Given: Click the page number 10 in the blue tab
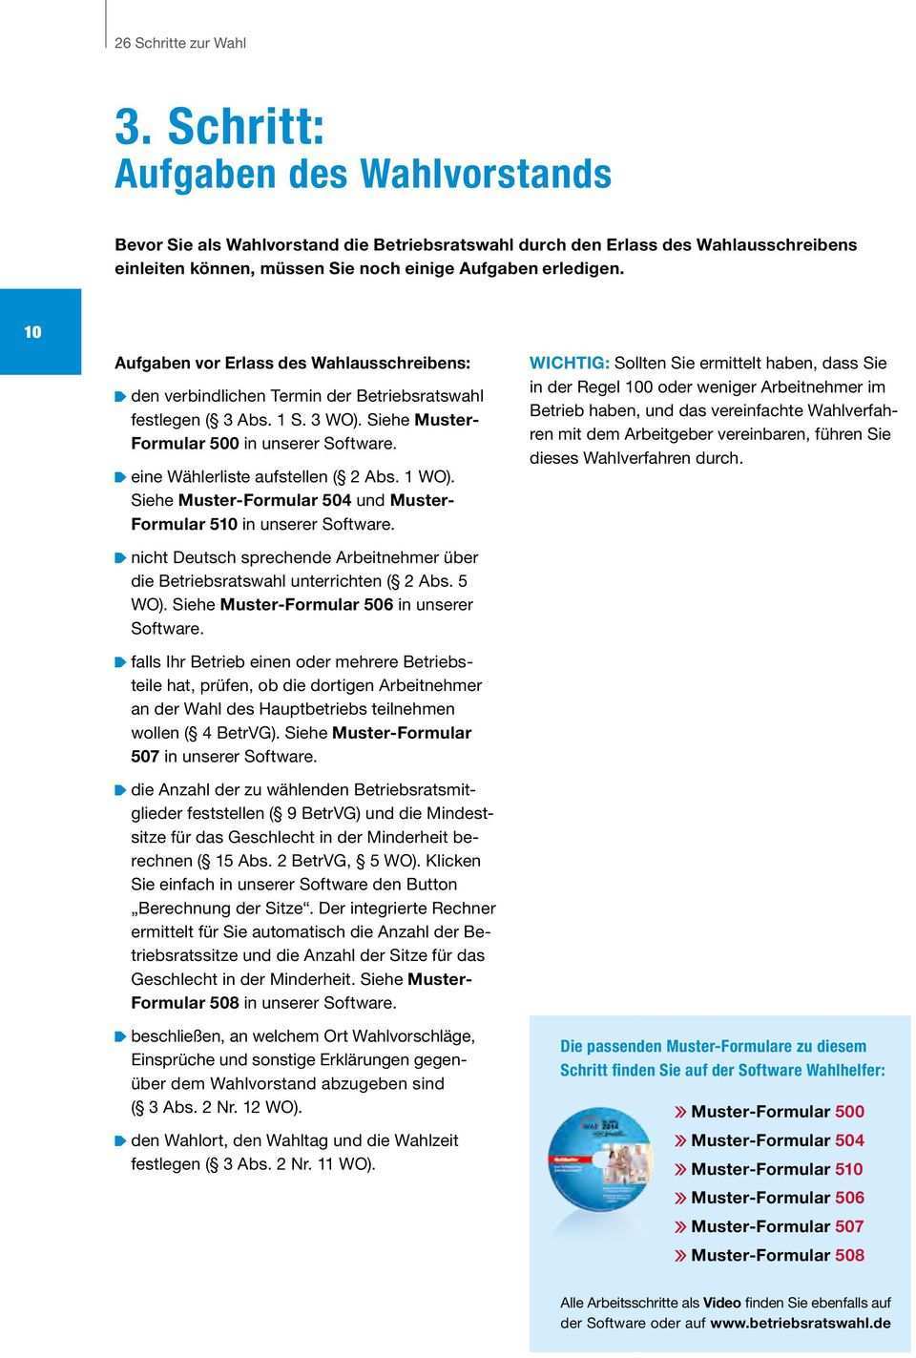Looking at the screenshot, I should point(33,332).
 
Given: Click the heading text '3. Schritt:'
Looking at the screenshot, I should point(219,126).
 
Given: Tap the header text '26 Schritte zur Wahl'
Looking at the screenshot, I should point(180,43).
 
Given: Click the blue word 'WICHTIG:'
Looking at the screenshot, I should point(569,364).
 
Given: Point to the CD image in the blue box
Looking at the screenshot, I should point(602,1175).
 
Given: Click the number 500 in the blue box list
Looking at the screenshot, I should point(849,1112).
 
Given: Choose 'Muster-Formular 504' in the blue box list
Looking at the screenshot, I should point(777,1140).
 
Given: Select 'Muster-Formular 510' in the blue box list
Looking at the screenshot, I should point(777,1169).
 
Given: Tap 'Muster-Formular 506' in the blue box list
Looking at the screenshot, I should point(777,1198).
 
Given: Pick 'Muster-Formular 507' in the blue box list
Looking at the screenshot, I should point(777,1226).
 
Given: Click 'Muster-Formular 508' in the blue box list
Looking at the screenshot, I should point(777,1255).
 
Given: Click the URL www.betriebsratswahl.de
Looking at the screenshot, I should point(801,1324).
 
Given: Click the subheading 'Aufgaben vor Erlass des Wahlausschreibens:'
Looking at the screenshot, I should point(292,364).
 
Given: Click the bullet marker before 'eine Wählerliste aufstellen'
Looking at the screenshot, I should point(120,476).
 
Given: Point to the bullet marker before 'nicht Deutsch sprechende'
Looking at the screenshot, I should point(120,557).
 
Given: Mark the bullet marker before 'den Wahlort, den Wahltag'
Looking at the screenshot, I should point(120,1140).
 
